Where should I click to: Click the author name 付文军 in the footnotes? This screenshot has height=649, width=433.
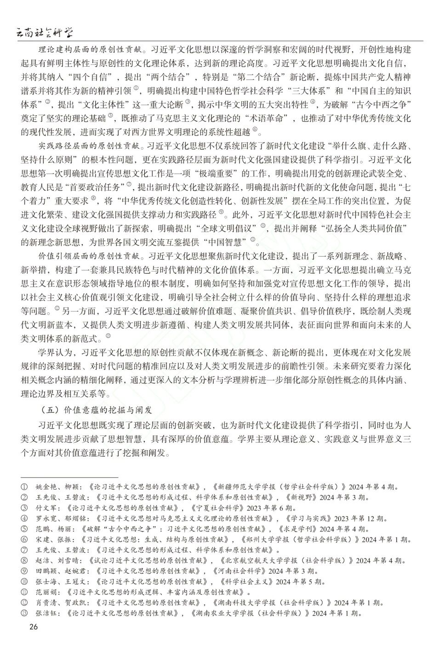46,508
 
